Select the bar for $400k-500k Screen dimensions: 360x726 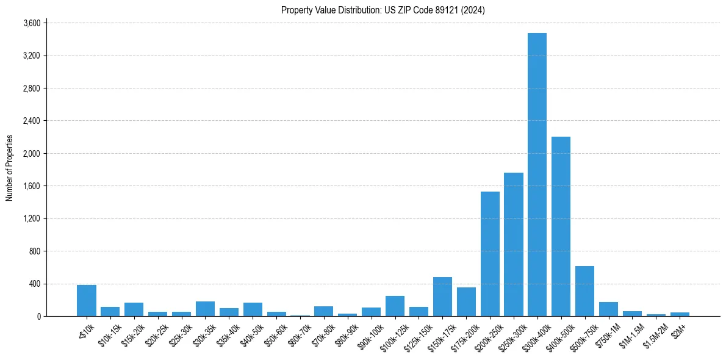pos(561,226)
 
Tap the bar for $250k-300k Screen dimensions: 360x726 pos(513,244)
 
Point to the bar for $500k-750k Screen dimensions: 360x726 pos(584,291)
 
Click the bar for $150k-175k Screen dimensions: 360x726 pos(442,297)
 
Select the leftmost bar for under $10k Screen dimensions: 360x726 pos(87,300)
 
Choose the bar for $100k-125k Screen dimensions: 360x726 pos(395,306)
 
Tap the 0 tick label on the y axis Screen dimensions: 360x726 pos(38,316)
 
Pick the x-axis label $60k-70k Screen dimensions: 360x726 pos(298,334)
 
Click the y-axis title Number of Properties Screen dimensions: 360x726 pos(10,168)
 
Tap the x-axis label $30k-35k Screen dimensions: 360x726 pos(203,334)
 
